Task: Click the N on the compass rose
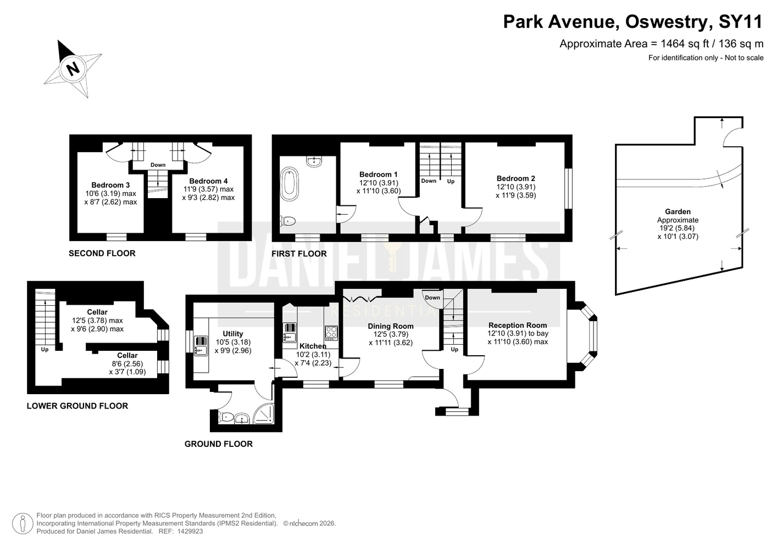73,68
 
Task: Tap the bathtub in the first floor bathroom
289,184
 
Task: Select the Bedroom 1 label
378,175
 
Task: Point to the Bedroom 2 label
516,178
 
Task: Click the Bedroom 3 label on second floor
110,185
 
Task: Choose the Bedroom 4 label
208,181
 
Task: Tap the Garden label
678,211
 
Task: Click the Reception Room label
518,325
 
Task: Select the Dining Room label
391,326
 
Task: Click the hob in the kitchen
331,333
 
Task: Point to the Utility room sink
201,346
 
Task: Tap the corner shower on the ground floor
264,414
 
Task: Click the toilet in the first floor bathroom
288,221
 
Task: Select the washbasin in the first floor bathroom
314,161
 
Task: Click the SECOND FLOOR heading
102,253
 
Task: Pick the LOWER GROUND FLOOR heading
77,406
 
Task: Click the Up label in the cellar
45,350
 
